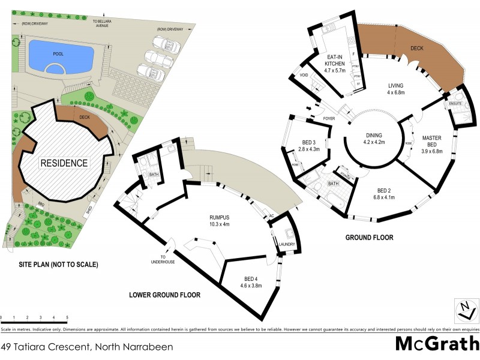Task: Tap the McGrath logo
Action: [436, 344]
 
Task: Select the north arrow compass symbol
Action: [466, 310]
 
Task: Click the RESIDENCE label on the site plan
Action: [64, 163]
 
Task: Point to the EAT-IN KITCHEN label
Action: [335, 62]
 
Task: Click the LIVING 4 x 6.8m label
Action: [395, 89]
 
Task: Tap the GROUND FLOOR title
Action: [369, 238]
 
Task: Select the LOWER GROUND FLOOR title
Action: [165, 295]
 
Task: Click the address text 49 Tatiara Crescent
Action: [87, 347]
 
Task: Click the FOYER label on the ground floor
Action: [329, 119]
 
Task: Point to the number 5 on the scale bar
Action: [67, 317]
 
